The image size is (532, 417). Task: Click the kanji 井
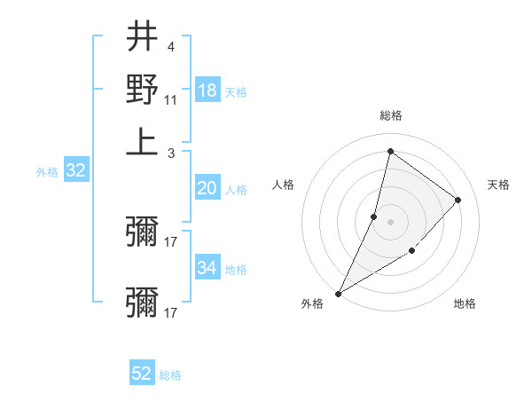coord(141,37)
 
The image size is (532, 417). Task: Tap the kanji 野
coord(141,90)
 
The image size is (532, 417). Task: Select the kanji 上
coord(141,142)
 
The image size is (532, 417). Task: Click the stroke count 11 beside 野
coord(171,100)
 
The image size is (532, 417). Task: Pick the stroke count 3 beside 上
coord(170,153)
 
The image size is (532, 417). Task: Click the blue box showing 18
coord(207,90)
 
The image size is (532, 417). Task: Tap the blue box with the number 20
coord(207,188)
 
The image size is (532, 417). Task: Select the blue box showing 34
coord(207,268)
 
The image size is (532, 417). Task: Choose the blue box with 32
coord(75,171)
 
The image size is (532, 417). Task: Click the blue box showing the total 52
coord(142,374)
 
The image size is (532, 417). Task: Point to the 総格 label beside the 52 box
coord(170,375)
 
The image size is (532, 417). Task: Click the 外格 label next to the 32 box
coord(47,172)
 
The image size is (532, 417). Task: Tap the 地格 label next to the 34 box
coord(236,269)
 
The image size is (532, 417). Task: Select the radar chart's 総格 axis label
coord(390,115)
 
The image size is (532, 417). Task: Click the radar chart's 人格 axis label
coord(284,185)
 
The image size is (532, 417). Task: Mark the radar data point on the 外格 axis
coord(338,293)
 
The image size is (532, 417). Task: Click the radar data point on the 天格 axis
coord(458,200)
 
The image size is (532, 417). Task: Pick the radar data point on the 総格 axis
coord(390,152)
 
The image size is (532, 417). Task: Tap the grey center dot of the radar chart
coord(390,221)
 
